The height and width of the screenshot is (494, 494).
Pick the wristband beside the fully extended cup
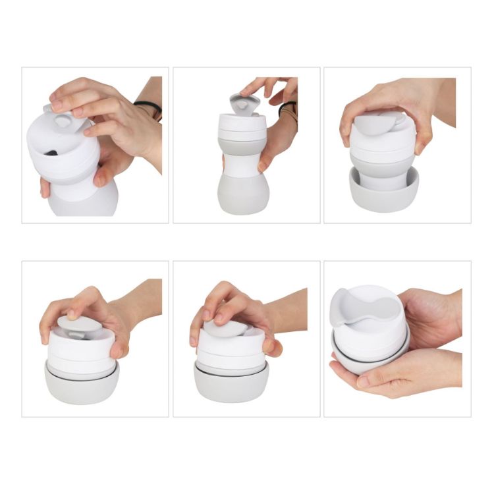(288, 108)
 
